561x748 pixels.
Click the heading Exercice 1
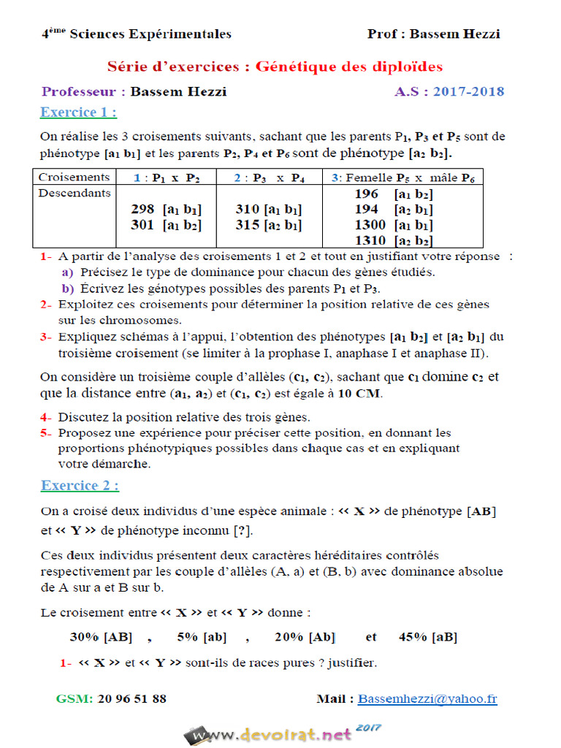pos(78,112)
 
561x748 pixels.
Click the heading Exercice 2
pos(80,486)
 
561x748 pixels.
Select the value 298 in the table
pos(142,210)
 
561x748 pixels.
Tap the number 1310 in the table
pos(370,240)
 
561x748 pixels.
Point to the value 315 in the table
pos(248,225)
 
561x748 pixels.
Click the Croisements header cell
pos(74,178)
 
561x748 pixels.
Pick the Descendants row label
pos(74,194)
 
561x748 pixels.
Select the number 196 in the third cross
pos(367,194)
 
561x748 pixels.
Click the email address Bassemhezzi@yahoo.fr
pos(427,699)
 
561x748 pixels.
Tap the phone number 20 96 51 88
pos(131,699)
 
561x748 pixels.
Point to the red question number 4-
pos(47,418)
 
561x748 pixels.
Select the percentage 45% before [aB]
pos(413,637)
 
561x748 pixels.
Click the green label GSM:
pos(74,699)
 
